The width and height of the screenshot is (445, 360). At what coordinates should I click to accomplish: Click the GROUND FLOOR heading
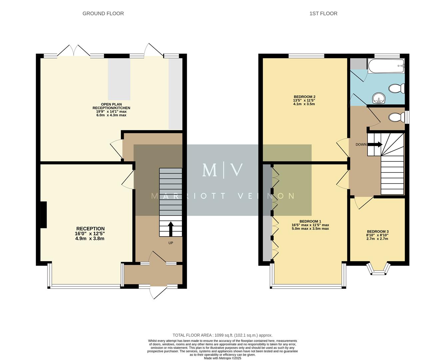103,14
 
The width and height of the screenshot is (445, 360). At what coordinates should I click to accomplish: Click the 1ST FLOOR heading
323,14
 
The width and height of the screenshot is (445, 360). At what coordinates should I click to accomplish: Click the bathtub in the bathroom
386,66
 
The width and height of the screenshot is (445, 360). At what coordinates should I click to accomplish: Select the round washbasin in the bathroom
379,98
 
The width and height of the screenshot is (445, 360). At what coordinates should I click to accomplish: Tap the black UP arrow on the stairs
171,229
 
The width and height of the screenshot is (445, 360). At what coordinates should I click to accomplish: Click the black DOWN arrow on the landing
375,144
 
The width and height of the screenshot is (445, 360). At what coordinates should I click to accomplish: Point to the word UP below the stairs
171,243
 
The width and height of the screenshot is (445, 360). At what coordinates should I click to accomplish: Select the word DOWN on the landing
361,145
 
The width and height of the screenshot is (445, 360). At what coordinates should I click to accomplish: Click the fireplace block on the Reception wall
43,215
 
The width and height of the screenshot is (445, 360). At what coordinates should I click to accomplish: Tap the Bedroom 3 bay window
378,269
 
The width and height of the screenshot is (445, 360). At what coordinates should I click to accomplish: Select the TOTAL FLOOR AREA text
222,335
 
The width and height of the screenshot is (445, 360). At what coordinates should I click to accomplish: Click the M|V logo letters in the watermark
222,170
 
